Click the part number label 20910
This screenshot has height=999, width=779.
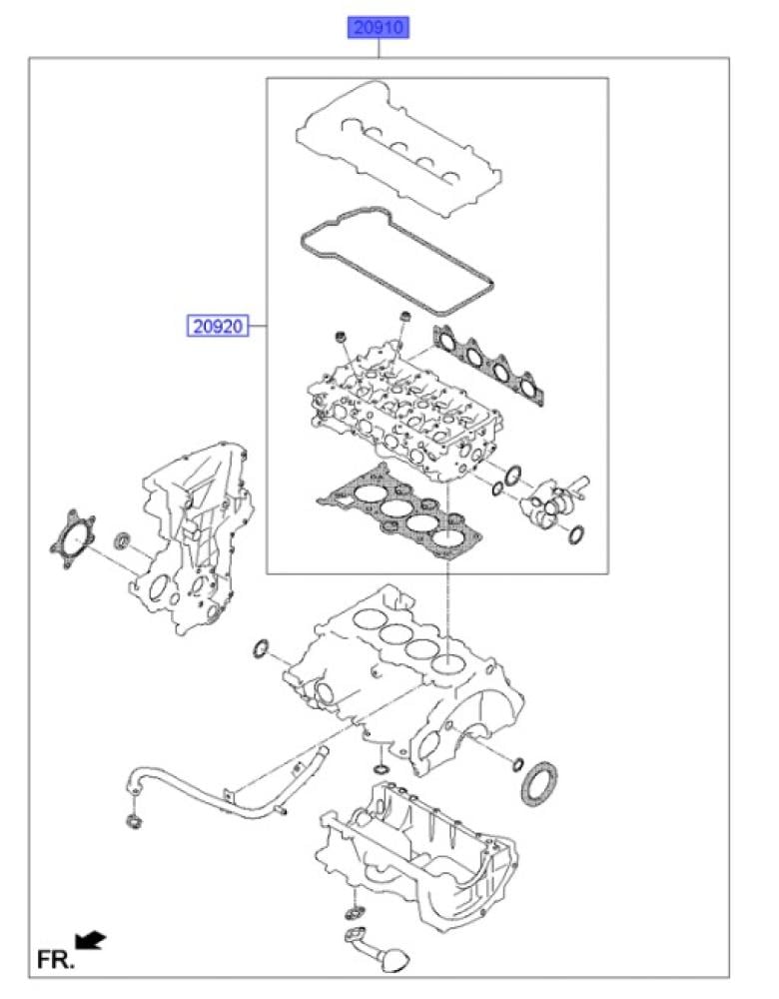click(x=378, y=28)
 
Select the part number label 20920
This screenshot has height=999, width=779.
click(x=217, y=327)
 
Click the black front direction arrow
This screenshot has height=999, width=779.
click(x=90, y=940)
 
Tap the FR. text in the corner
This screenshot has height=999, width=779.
click(x=55, y=959)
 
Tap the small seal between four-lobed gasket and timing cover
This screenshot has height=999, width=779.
click(x=122, y=541)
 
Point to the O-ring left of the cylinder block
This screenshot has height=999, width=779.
click(x=261, y=649)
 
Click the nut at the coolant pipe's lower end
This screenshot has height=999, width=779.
click(x=134, y=822)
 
